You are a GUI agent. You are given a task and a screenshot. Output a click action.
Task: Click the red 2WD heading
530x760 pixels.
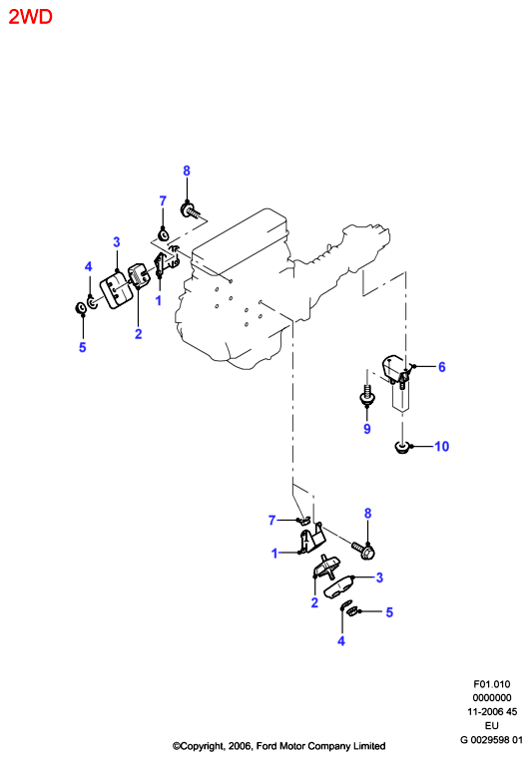coord(30,17)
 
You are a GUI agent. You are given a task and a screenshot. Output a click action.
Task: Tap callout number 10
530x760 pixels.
coord(441,446)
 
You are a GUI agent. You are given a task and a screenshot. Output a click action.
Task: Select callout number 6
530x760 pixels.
coord(442,367)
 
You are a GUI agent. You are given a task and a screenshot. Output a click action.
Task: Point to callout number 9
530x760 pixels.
coord(367,429)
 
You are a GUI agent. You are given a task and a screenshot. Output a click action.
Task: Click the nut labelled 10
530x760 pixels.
coord(401,448)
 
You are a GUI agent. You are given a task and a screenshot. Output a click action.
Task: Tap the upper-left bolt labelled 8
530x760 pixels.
coord(190,210)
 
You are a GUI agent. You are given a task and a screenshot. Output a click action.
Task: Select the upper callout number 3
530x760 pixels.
coord(117,241)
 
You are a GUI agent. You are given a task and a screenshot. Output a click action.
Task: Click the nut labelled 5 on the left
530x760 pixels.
coord(80,308)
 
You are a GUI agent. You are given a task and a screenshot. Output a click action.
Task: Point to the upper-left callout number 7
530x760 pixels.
coord(163,200)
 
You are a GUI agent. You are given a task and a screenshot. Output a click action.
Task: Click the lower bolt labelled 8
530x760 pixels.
coord(362,550)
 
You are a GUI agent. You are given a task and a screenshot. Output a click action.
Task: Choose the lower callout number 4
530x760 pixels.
coord(341,640)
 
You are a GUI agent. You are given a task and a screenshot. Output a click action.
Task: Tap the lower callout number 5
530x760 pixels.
coord(389,612)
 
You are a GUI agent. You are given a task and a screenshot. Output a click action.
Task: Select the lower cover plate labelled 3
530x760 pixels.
coord(340,585)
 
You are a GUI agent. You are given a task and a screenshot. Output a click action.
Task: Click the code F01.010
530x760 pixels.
coord(492,684)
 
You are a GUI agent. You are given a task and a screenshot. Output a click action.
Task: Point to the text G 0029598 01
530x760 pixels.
coord(492,740)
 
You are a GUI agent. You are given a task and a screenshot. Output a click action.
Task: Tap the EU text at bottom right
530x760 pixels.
coord(492,725)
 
